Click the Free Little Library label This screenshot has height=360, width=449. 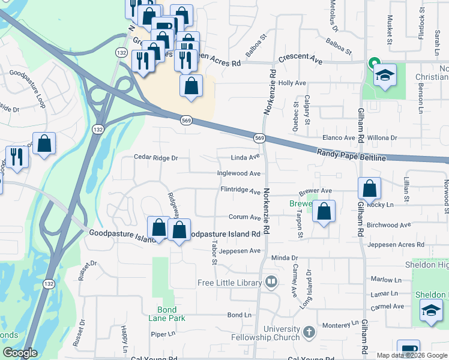click(x=230, y=283)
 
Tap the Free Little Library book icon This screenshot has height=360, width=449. click(x=271, y=282)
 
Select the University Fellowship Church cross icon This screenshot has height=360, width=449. click(x=309, y=331)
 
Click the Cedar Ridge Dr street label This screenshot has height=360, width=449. click(x=156, y=158)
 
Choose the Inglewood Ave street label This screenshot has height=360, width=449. click(x=239, y=173)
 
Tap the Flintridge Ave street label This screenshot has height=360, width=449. click(x=240, y=190)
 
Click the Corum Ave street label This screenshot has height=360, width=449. click(x=244, y=217)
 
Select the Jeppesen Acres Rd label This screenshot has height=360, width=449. click(x=396, y=245)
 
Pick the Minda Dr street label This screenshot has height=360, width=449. click(x=285, y=258)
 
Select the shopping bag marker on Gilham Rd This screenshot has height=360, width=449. click(x=369, y=189)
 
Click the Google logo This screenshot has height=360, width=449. click(x=20, y=353)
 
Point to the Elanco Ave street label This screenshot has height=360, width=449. click(x=339, y=137)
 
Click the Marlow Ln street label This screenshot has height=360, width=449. click(x=385, y=280)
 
